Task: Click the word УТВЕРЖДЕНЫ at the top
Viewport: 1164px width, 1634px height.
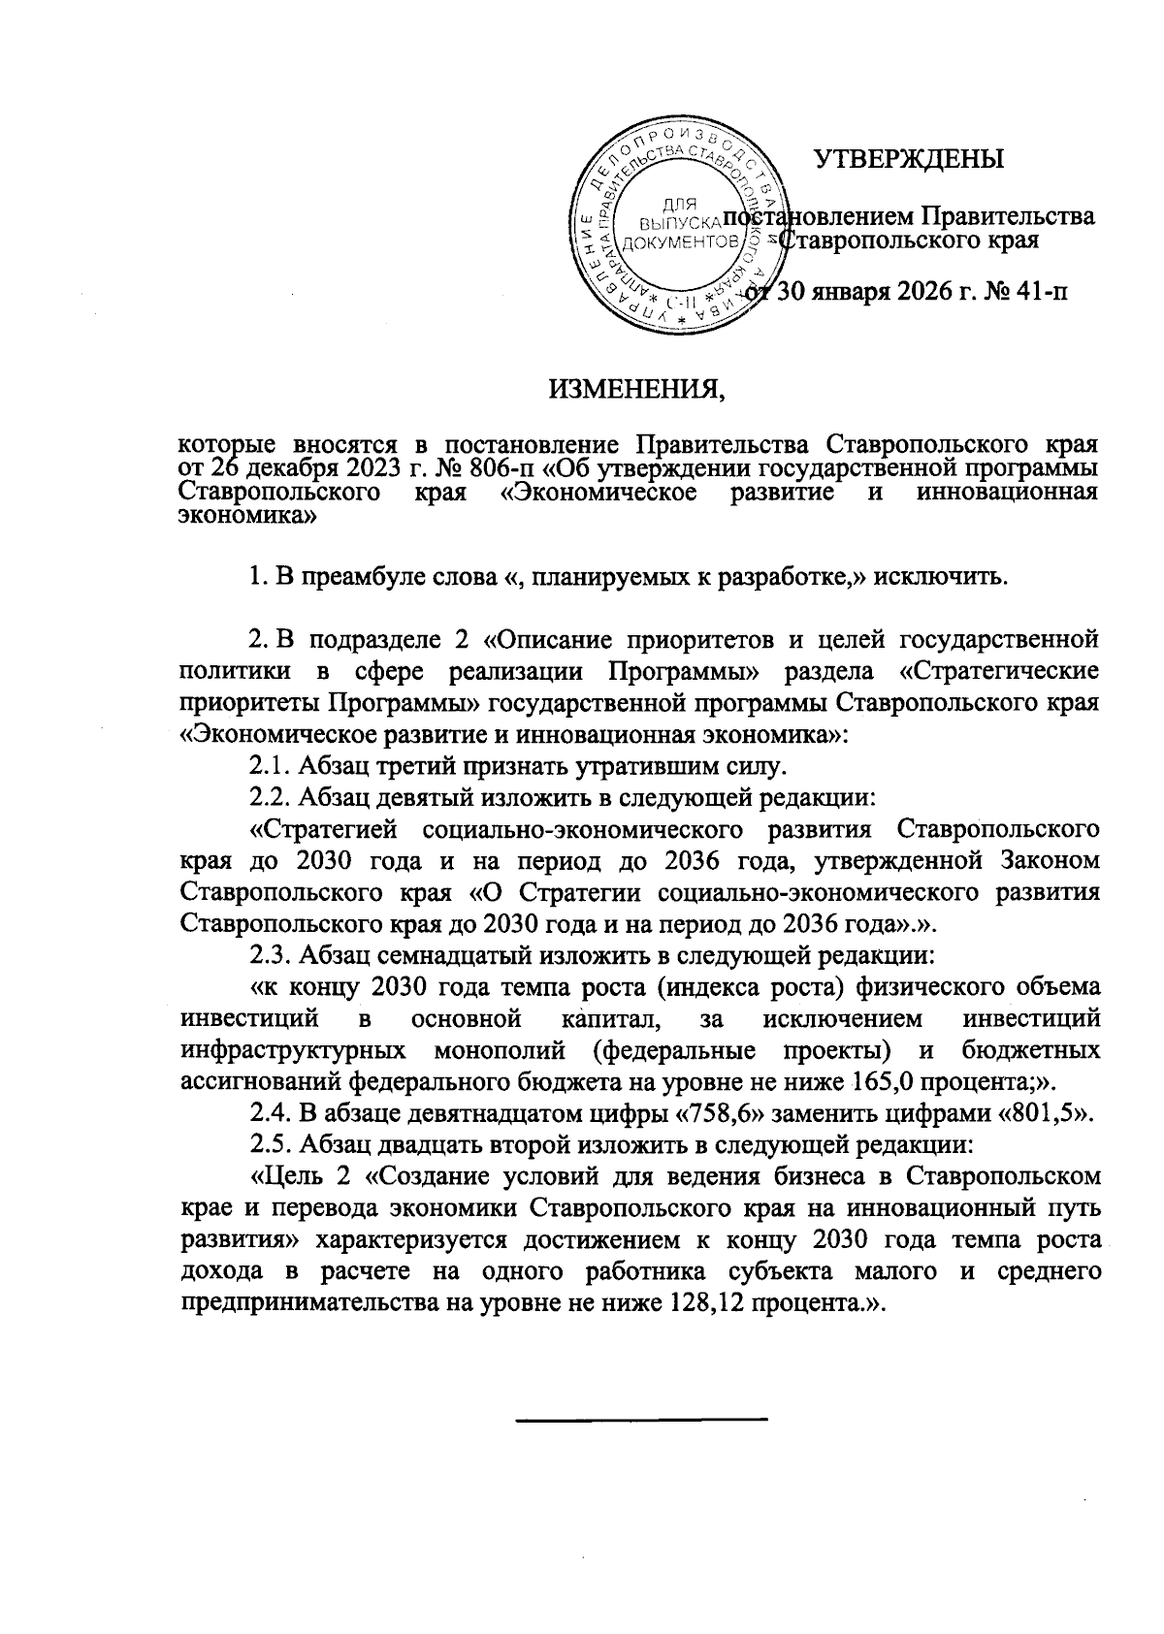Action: tap(909, 158)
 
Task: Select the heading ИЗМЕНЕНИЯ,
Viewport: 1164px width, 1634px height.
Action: tap(637, 390)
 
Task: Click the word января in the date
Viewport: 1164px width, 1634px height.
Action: tap(876, 290)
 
